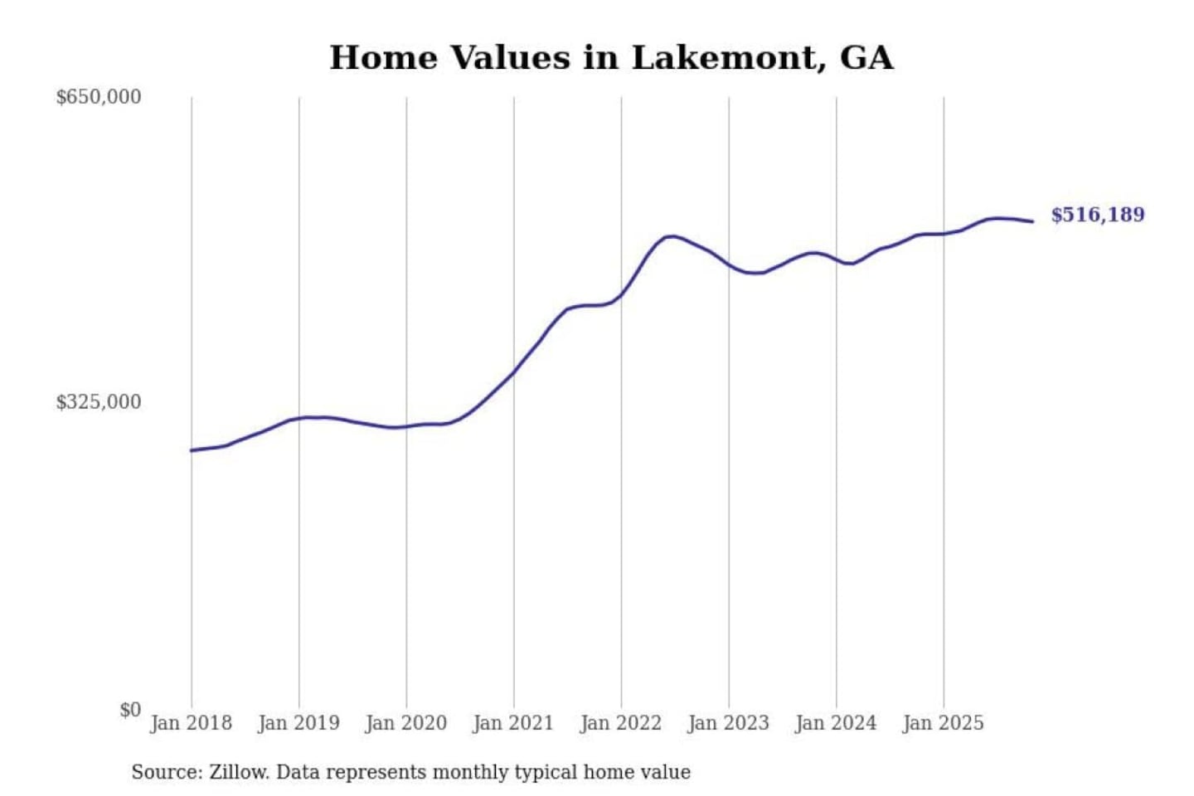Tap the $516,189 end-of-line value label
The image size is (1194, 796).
(x=1097, y=215)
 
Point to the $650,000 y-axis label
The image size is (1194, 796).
(x=99, y=97)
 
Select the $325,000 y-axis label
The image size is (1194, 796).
(x=99, y=402)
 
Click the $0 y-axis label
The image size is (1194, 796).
(x=130, y=710)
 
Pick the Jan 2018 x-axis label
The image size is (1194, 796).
(x=191, y=723)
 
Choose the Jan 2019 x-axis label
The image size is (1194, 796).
(x=298, y=723)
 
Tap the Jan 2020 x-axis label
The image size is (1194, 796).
(x=405, y=723)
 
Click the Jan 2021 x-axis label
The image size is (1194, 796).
(x=513, y=723)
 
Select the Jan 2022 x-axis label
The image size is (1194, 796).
(x=620, y=723)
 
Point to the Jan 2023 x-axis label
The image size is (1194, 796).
(x=728, y=723)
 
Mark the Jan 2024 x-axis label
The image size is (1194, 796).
(x=835, y=723)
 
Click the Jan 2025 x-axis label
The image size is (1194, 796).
(x=943, y=723)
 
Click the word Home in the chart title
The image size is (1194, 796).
(x=383, y=58)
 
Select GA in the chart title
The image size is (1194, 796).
(x=866, y=58)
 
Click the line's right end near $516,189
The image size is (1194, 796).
(x=1031, y=221)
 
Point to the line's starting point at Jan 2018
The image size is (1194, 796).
(x=192, y=450)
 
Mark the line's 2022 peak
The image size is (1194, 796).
(x=672, y=236)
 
